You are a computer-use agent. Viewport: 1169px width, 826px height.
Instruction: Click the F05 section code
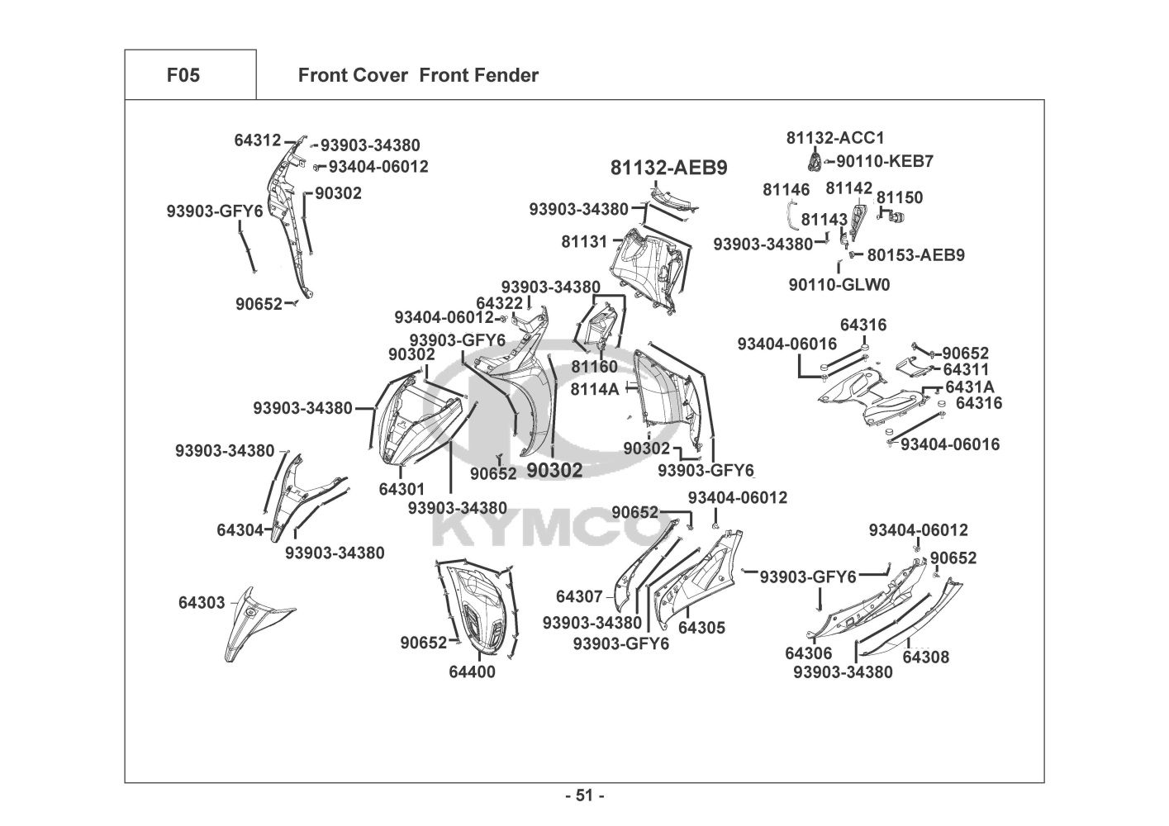pos(183,76)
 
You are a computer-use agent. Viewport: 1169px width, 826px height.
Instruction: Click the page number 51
pos(584,795)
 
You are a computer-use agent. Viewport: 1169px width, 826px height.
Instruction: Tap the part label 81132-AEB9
pos(669,168)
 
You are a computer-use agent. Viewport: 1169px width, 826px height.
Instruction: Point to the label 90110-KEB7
pos(885,161)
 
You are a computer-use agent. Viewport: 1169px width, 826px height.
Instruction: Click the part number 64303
pos(202,603)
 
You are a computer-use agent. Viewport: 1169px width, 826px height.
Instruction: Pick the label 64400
pos(473,672)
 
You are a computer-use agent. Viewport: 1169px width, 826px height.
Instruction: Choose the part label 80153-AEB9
pos(915,255)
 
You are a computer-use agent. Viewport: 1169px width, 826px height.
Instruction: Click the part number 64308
pos(925,657)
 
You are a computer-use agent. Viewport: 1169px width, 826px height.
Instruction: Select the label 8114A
pos(595,388)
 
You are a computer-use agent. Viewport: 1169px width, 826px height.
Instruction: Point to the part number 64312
pos(257,140)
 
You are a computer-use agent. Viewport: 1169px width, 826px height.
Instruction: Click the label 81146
pos(786,190)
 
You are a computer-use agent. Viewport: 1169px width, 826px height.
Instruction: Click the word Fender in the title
pos(506,76)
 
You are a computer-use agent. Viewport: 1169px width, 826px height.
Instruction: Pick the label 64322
pos(499,303)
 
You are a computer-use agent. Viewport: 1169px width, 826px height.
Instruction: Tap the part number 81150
pos(900,197)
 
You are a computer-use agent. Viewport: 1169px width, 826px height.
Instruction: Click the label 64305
pos(701,628)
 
